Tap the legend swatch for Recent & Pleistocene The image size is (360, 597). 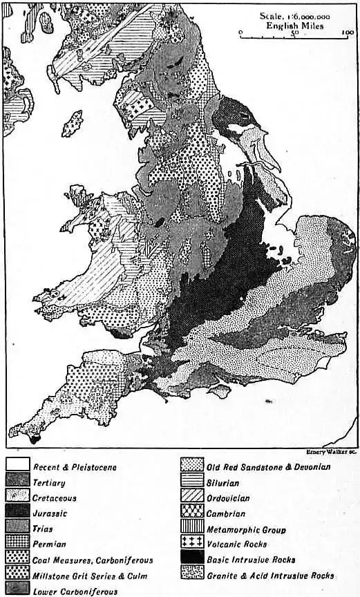point(17,467)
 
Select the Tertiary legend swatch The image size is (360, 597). point(17,482)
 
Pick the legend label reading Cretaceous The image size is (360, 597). point(55,497)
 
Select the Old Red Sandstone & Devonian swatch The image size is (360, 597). point(193,467)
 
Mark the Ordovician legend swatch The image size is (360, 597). point(193,497)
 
